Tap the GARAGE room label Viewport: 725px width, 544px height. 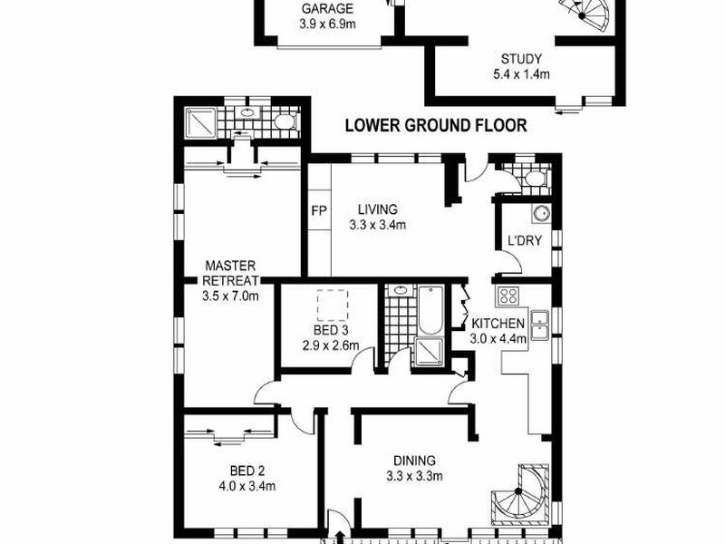(x=326, y=11)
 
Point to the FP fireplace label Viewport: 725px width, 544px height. (x=318, y=211)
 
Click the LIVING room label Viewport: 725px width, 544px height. (x=377, y=209)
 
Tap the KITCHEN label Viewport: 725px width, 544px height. (x=497, y=324)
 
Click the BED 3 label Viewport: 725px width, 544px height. (x=331, y=330)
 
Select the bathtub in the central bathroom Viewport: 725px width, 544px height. (x=428, y=311)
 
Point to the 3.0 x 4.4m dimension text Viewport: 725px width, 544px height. (x=498, y=339)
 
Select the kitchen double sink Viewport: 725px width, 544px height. (x=540, y=322)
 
